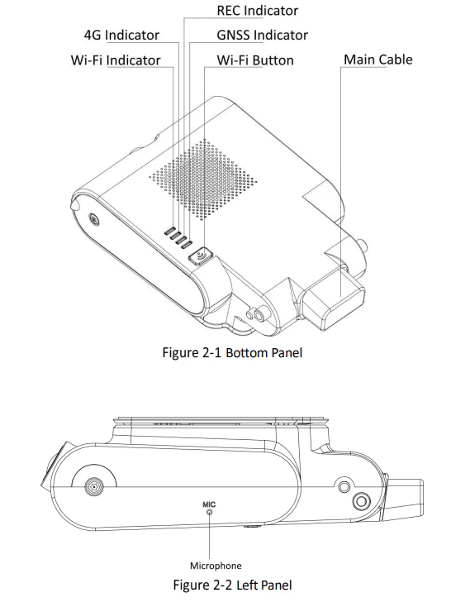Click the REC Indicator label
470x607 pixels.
(x=258, y=11)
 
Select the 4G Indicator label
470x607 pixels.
(x=121, y=35)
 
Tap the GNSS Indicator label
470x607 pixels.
(x=262, y=35)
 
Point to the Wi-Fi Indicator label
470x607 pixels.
(x=116, y=60)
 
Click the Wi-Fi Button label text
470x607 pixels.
(x=255, y=60)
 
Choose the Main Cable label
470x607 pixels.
(x=378, y=60)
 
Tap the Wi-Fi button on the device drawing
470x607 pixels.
(x=201, y=256)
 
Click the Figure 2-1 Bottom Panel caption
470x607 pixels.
(x=232, y=352)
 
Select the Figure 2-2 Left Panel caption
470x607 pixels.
(x=232, y=585)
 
